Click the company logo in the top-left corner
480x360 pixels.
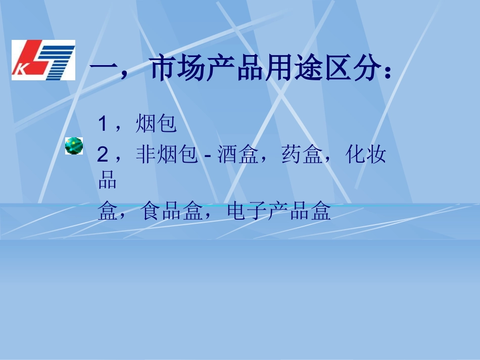click(x=43, y=60)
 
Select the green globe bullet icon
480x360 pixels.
click(x=74, y=145)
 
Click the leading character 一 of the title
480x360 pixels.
click(x=104, y=70)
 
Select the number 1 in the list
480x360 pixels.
click(x=103, y=124)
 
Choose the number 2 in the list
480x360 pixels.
click(x=103, y=155)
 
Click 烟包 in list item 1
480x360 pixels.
click(x=156, y=124)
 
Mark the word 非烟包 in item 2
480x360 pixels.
click(x=166, y=155)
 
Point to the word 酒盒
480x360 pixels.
click(x=234, y=155)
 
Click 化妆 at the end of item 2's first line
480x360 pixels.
click(x=366, y=155)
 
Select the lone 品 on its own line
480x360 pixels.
click(x=107, y=180)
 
